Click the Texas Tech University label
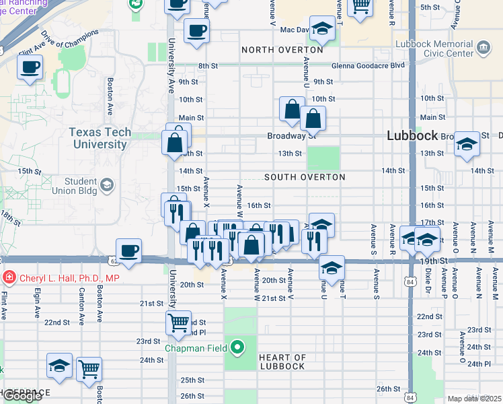coord(100,137)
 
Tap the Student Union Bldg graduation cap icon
coord(106,185)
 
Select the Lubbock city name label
coord(413,135)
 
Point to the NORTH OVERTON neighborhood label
coord(282,50)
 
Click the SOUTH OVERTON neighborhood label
coord(305,177)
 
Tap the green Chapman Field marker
coord(237,348)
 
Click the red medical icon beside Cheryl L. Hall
coord(9,277)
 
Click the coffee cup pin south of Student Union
coord(129,251)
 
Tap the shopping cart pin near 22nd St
coord(178,323)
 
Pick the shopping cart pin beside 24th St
coord(89,369)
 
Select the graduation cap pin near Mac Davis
coord(322,29)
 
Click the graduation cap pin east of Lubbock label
coord(467,144)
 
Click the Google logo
coord(22,395)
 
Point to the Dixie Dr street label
coord(427,286)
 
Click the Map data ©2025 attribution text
coord(474,399)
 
